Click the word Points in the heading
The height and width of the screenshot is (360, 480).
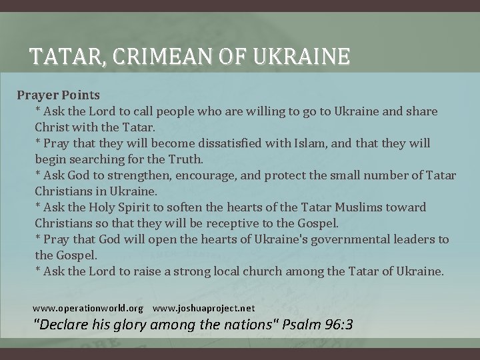[x=81, y=95]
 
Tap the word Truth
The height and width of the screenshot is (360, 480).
[x=185, y=159]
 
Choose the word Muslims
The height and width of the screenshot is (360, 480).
[x=355, y=207]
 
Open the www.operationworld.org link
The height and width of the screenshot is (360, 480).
[x=88, y=309]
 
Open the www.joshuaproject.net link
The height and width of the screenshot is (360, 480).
[x=204, y=309]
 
